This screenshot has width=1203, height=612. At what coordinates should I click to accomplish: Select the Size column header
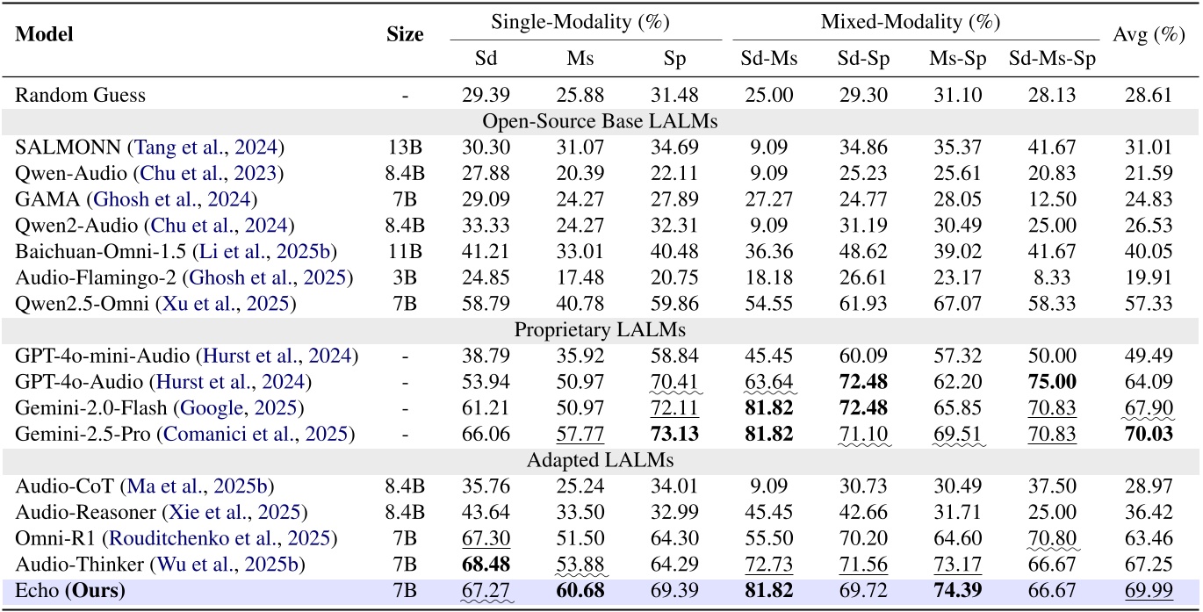pos(405,34)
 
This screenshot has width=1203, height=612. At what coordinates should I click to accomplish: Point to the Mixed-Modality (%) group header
pos(911,21)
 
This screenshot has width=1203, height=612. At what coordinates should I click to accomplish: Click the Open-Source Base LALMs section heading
pos(601,121)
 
